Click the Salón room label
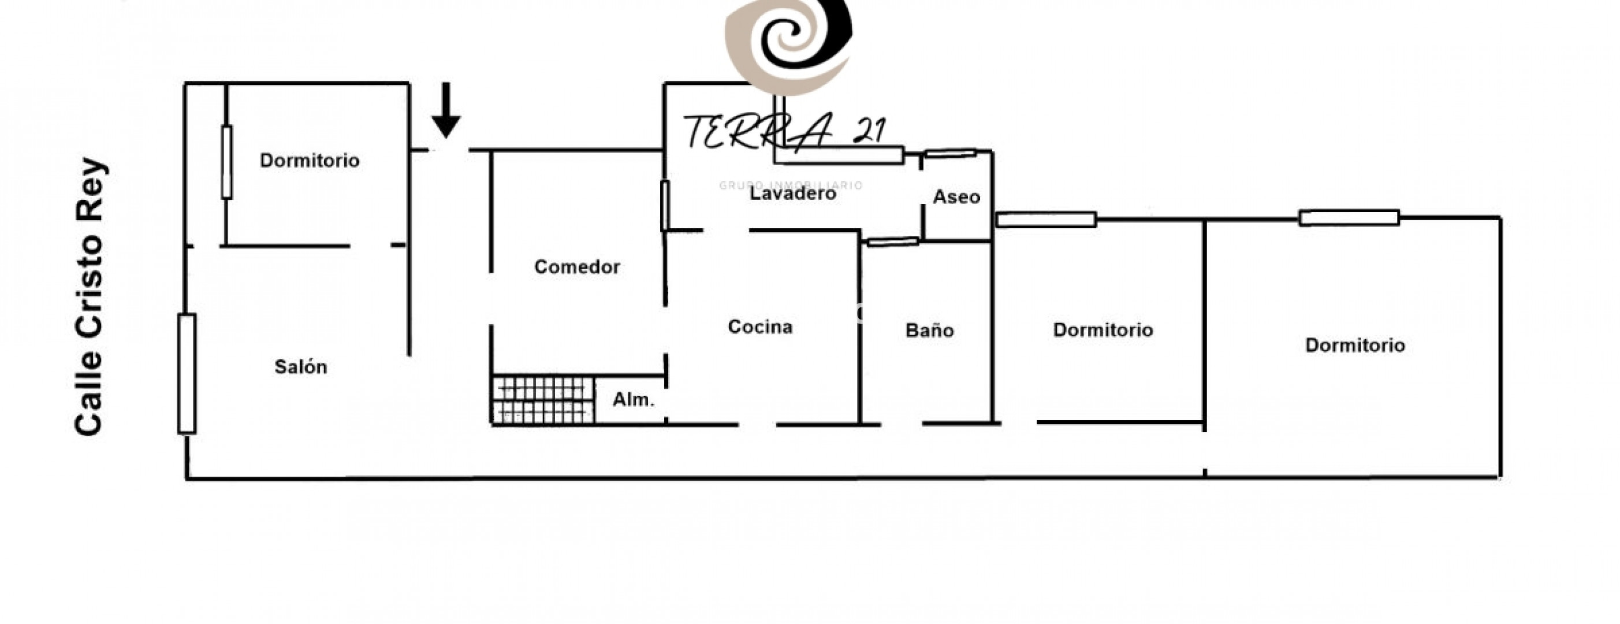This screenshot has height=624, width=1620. (300, 367)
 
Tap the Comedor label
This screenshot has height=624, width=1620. (577, 267)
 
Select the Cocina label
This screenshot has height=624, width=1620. (759, 326)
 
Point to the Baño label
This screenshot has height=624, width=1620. (929, 330)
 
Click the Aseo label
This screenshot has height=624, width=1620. (956, 197)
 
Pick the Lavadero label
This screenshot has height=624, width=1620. (792, 193)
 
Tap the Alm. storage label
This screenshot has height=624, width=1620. (634, 399)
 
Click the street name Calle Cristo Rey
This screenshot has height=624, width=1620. (90, 296)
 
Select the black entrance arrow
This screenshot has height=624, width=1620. (446, 110)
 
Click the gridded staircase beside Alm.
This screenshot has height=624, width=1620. (543, 399)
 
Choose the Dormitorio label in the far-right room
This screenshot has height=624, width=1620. (1355, 346)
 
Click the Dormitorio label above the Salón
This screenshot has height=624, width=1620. (310, 161)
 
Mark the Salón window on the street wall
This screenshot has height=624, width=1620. (187, 374)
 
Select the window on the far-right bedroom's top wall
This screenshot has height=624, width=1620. (1350, 218)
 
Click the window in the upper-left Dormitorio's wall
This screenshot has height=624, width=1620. (226, 162)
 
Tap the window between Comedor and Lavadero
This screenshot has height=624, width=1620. (665, 205)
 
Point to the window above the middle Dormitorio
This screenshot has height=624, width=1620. (1047, 220)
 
